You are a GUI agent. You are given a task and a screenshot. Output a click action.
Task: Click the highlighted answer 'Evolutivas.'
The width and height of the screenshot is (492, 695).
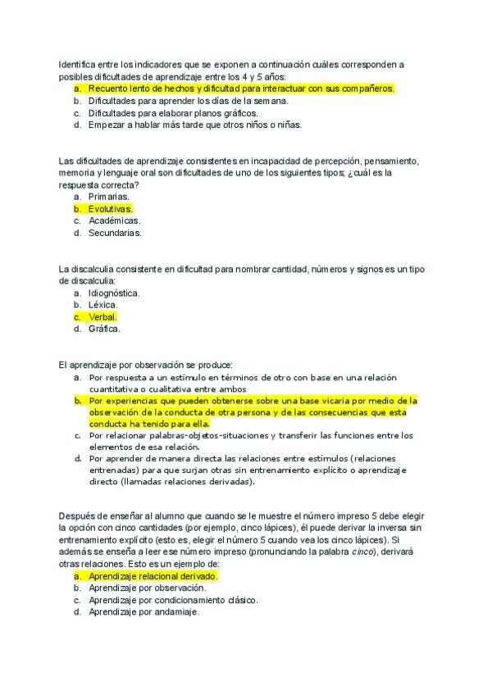click(x=110, y=209)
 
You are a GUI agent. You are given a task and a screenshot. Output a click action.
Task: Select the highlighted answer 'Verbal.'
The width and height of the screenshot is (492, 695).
click(x=103, y=316)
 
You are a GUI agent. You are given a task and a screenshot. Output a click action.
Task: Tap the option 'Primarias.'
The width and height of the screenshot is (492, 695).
click(x=109, y=197)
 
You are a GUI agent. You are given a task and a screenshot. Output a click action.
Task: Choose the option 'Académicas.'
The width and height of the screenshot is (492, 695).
click(x=114, y=220)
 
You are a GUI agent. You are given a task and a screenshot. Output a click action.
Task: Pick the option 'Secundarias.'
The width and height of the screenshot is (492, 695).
click(x=115, y=233)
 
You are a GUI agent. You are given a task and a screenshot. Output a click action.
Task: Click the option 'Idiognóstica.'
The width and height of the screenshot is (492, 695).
click(x=114, y=293)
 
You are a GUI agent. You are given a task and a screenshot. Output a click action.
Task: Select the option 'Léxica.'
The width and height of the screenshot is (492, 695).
click(x=103, y=305)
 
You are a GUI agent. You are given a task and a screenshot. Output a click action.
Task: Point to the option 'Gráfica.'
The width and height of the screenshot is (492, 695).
click(x=104, y=329)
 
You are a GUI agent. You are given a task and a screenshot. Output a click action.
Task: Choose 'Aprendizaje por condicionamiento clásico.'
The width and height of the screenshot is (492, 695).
click(x=173, y=600)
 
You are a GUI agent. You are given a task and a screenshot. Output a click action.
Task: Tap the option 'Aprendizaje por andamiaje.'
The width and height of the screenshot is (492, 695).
click(x=143, y=612)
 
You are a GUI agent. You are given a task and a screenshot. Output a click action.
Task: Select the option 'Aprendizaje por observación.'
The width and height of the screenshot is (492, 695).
click(x=148, y=588)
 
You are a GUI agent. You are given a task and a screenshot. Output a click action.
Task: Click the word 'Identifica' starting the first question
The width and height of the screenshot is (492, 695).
click(x=79, y=64)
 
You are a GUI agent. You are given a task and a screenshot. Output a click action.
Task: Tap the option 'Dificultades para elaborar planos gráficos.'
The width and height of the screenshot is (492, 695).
click(x=173, y=113)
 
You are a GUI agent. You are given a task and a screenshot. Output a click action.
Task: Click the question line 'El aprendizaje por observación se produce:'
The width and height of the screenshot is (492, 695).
click(x=146, y=365)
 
